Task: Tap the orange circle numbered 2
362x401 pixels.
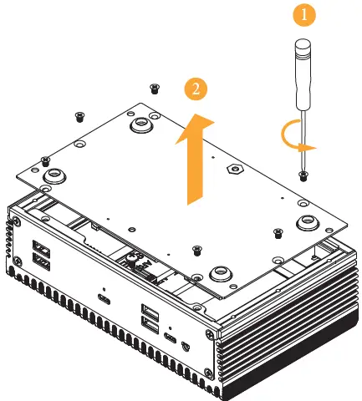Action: coord(196,89)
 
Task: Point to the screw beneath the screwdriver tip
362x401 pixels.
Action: coord(303,176)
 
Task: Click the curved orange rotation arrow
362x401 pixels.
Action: coord(294,134)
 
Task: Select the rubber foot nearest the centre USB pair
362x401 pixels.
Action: coord(221,274)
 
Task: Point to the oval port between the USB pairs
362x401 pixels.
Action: coord(104,299)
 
